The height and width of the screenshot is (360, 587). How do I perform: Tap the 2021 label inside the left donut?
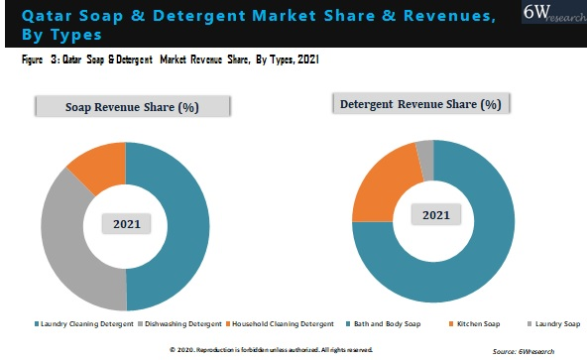coord(126,225)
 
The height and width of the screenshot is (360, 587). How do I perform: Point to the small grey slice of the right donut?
coord(425,149)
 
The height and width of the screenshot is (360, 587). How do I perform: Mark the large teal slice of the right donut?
coord(476,258)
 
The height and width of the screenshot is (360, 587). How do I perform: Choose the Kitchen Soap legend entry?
coord(479,323)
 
